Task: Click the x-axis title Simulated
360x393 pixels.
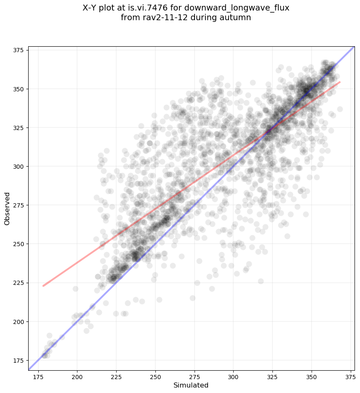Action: point(191,385)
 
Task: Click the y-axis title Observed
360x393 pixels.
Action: point(7,209)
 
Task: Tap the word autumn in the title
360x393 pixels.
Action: point(239,18)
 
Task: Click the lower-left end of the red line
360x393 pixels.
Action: point(43,286)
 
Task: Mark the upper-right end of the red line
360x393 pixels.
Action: point(340,82)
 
